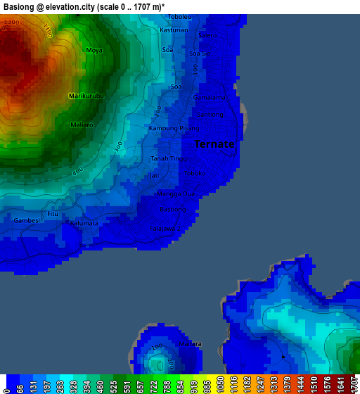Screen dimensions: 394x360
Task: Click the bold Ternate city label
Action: (x=214, y=144)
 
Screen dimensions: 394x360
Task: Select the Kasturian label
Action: (x=174, y=30)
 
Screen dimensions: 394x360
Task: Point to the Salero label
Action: (x=207, y=35)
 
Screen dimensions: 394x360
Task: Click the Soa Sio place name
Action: (x=200, y=53)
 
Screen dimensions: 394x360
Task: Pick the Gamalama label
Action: (x=210, y=97)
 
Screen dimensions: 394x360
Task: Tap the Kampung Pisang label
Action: (x=174, y=129)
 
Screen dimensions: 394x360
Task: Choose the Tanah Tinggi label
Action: (x=169, y=158)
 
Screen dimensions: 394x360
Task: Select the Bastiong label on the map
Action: (x=173, y=209)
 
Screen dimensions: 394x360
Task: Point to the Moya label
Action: (x=94, y=51)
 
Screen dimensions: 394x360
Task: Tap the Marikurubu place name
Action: (x=86, y=95)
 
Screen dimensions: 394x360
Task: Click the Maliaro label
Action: (x=82, y=125)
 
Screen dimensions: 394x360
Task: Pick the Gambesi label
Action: (x=27, y=220)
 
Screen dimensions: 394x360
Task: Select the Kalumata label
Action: (x=83, y=223)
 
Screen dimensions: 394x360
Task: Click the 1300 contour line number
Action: (x=11, y=23)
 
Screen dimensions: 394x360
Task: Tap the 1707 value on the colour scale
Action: (x=355, y=384)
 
